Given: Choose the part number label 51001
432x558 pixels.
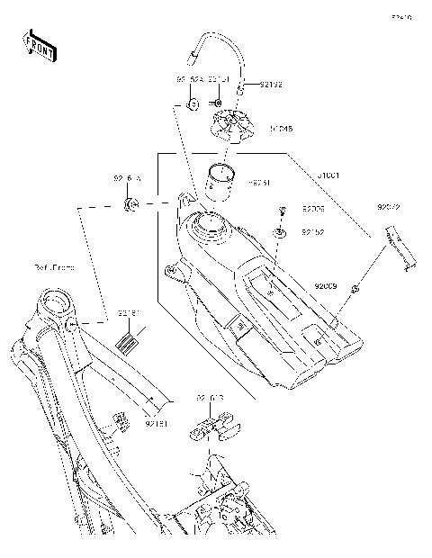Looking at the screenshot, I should click(301, 175).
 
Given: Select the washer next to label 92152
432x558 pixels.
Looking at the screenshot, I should click(282, 233).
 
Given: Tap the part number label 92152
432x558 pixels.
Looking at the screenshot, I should click(312, 232).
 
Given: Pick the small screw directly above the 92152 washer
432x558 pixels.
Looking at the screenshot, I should click(282, 212).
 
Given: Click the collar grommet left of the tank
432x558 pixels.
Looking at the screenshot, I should click(130, 207).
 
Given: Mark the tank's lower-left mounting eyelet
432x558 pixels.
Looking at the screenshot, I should click(168, 271).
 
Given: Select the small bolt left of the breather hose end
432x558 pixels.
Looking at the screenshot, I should click(193, 104).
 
